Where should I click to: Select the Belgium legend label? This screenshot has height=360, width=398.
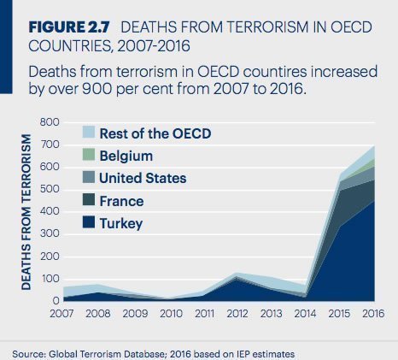point(126,156)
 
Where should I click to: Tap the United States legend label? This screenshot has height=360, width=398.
point(143,179)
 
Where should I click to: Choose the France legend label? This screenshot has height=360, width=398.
point(123,202)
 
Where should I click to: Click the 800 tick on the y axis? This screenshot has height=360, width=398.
point(49,122)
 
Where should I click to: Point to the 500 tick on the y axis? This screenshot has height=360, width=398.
point(49,189)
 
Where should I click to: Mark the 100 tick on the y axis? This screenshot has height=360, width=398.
point(49,279)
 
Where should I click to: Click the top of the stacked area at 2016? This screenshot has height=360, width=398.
point(373,146)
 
